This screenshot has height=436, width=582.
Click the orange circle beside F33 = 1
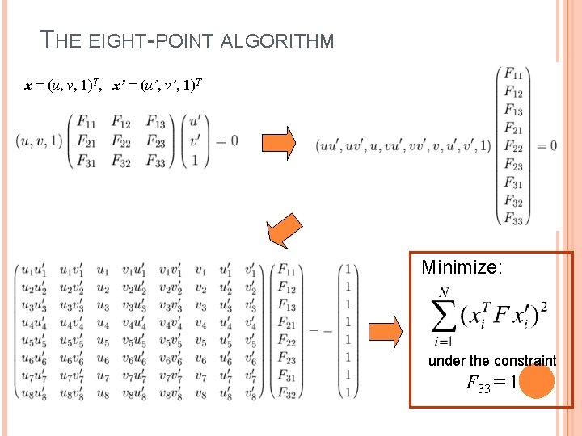pyautogui.click(x=537, y=382)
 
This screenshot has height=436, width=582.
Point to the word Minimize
pyautogui.click(x=462, y=266)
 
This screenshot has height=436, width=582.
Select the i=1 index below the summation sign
pyautogui.click(x=443, y=342)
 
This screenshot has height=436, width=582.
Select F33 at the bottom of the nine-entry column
pyautogui.click(x=513, y=217)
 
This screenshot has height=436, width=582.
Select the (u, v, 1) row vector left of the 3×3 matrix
pyautogui.click(x=38, y=141)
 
